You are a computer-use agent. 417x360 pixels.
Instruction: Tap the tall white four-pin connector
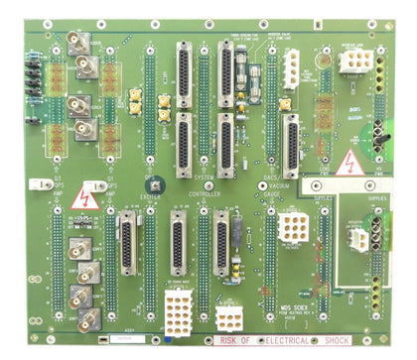(291, 68)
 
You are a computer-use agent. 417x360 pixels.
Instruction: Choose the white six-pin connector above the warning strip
(228, 317)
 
